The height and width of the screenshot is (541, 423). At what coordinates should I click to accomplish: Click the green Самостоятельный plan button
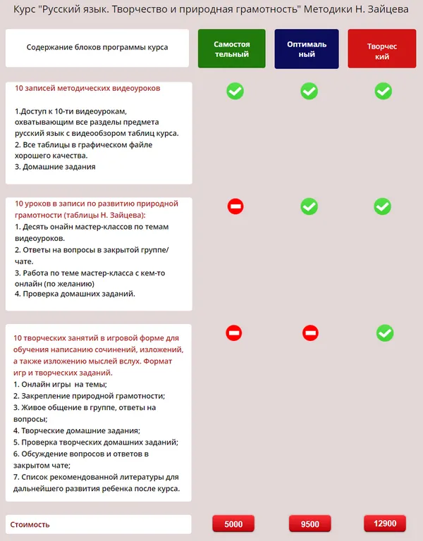[x=231, y=49]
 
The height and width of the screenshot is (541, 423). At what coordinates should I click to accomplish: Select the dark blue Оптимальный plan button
[x=307, y=49]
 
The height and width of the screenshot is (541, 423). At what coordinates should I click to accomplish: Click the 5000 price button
[x=233, y=524]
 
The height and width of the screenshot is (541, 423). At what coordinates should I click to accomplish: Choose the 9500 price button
[x=309, y=524]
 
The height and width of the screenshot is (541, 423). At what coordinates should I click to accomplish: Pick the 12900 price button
[x=385, y=523]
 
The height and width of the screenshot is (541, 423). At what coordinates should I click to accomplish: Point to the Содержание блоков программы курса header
[x=97, y=48]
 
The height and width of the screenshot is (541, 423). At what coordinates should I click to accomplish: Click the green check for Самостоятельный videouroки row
[x=235, y=91]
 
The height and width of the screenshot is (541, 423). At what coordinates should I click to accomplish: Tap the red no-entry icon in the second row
[x=235, y=206]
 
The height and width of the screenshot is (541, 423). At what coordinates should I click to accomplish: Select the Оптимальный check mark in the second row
[x=309, y=206]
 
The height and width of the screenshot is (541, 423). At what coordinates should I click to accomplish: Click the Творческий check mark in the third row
[x=384, y=332]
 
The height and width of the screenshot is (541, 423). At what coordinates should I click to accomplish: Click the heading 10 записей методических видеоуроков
[x=87, y=89]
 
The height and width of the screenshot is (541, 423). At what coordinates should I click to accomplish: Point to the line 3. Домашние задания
[x=55, y=167]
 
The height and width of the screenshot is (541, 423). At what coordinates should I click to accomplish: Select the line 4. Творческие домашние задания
[x=77, y=430]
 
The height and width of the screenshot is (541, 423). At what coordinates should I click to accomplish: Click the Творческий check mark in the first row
[x=383, y=91]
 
